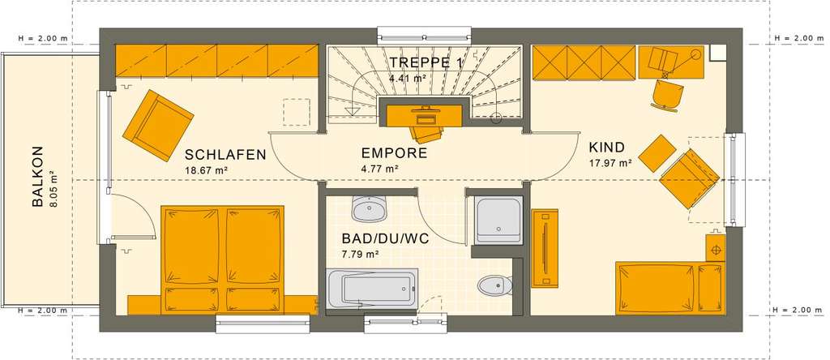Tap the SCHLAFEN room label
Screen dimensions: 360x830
pyautogui.click(x=225, y=155)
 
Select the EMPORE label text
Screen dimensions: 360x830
pyautogui.click(x=394, y=152)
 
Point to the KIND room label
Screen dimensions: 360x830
pyautogui.click(x=607, y=148)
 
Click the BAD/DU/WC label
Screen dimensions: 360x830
pyautogui.click(x=386, y=239)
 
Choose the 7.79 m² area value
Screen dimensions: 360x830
pyautogui.click(x=361, y=255)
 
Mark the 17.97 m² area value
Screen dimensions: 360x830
pyautogui.click(x=610, y=163)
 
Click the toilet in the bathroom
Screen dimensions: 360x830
pyautogui.click(x=494, y=285)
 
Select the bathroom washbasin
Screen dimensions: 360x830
pyautogui.click(x=370, y=210)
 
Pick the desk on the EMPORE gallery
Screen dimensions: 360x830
pyautogui.click(x=421, y=115)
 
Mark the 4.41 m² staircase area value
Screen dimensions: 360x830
pyautogui.click(x=408, y=79)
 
